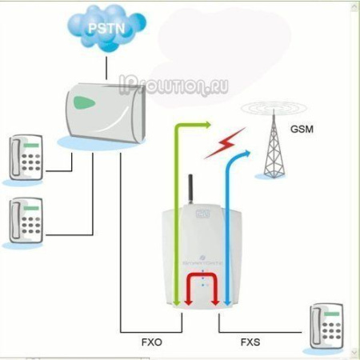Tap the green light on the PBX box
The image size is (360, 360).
85,102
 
